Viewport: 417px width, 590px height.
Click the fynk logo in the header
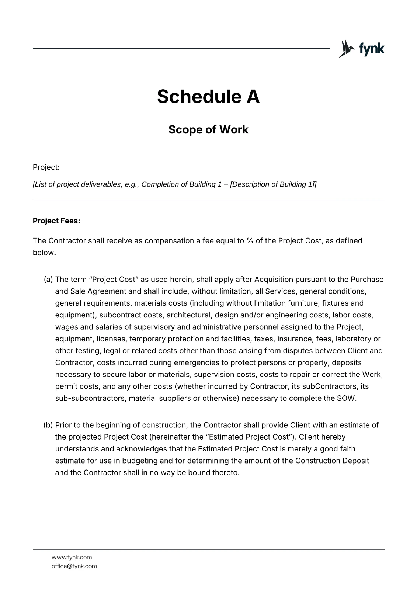point(361,49)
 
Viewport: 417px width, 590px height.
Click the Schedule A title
point(208,97)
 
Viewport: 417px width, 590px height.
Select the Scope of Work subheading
point(208,130)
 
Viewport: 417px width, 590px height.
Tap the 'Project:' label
point(46,167)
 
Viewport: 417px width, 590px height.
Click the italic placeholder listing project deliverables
point(174,184)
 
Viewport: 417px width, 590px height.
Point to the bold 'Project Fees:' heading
point(56,221)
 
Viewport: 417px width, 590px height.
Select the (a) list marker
point(49,280)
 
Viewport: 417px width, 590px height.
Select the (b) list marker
point(49,425)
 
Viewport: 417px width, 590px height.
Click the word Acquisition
point(274,280)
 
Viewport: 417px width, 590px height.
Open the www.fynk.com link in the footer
point(72,557)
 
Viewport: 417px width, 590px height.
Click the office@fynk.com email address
point(74,566)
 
